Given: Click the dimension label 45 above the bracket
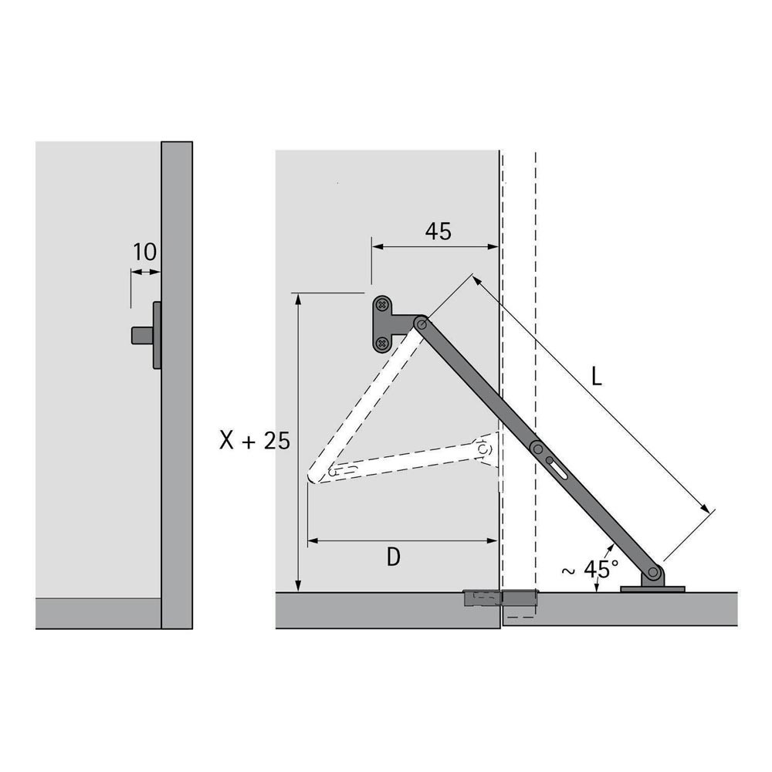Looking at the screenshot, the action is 438,231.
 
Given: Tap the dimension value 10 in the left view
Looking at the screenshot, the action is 145,252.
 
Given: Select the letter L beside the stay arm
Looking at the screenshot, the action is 596,378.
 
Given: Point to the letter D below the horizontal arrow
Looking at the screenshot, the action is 394,557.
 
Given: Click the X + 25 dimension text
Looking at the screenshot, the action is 255,440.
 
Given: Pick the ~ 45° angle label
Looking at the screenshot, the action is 590,569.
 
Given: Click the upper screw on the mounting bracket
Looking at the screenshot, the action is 381,305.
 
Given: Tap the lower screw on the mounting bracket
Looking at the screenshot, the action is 381,343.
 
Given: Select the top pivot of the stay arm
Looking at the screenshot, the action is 420,323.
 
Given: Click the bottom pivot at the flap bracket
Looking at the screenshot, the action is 653,572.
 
